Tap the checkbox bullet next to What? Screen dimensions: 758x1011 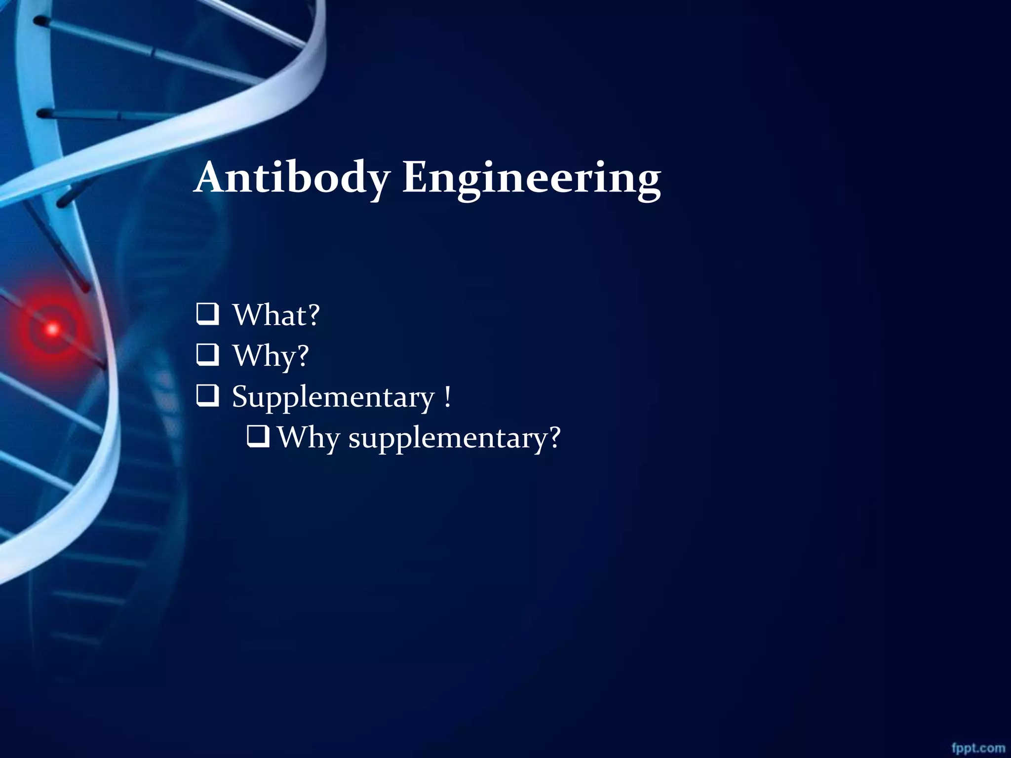207,314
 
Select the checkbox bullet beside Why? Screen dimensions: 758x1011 207,355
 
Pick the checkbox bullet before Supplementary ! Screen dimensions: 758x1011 207,396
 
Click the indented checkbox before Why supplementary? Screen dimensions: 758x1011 258,436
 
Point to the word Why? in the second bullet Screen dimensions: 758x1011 271,356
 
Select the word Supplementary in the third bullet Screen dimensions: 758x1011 333,397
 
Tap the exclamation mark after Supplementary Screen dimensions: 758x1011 447,396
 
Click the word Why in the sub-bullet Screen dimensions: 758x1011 308,438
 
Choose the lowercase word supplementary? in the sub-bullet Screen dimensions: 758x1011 454,438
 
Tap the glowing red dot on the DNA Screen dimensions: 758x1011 52,329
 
